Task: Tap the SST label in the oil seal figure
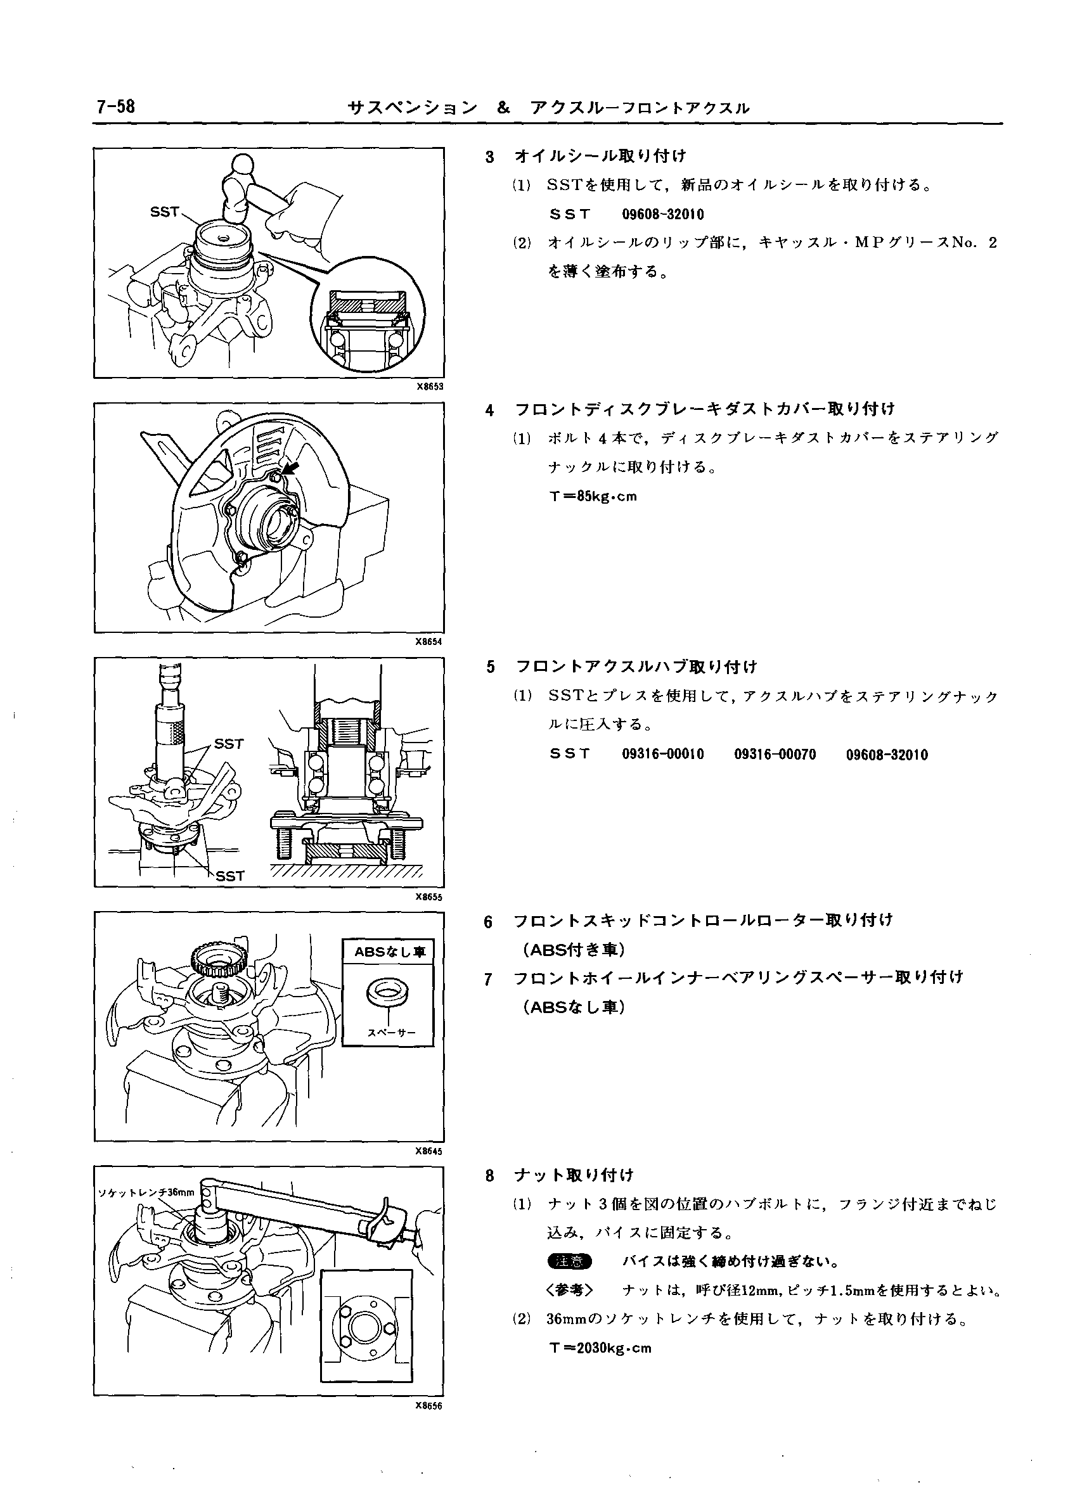[x=165, y=212]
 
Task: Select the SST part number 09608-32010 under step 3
[x=662, y=215]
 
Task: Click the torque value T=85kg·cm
[x=593, y=496]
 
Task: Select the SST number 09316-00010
[x=662, y=755]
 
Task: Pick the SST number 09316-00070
[x=775, y=755]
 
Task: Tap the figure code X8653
[x=429, y=387]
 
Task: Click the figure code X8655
[x=429, y=897]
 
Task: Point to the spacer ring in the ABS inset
[x=387, y=993]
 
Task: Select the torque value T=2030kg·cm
[x=600, y=1348]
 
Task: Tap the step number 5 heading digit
[x=490, y=668]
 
